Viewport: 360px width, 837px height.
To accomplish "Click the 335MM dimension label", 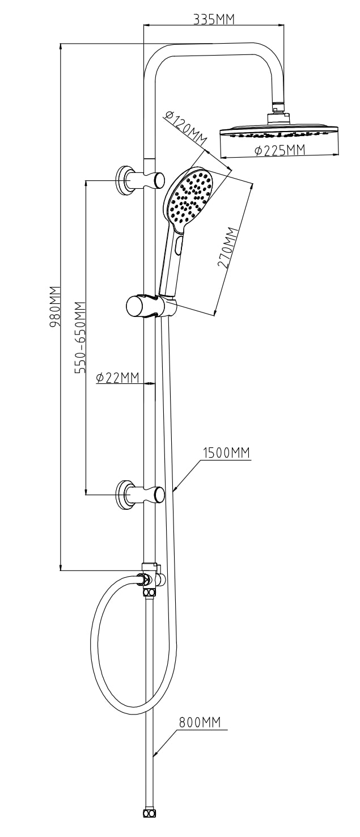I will (213, 19).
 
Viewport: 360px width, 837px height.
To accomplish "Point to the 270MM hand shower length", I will (228, 248).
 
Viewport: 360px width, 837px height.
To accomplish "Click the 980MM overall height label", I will (55, 306).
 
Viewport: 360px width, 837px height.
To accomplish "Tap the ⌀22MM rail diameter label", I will (117, 378).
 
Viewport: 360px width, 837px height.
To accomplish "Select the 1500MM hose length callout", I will (226, 453).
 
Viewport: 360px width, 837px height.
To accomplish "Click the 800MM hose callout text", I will (200, 722).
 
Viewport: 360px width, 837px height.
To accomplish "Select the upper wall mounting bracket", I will (139, 180).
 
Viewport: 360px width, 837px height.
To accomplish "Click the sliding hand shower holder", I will (149, 306).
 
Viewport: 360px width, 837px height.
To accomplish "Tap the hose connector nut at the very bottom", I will (149, 813).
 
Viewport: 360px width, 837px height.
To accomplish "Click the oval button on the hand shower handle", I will (179, 246).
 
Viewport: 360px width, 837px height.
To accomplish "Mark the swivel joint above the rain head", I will (278, 107).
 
